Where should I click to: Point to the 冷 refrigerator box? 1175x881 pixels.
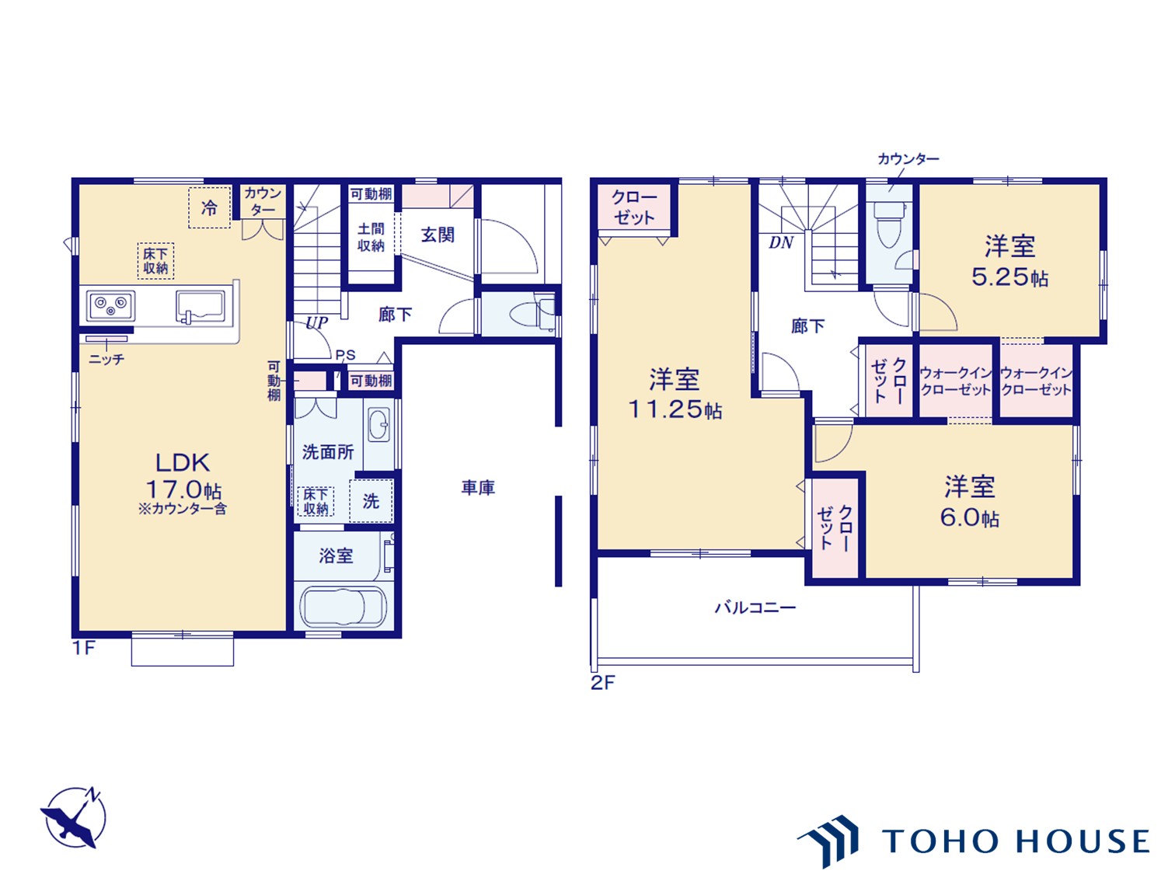point(209,207)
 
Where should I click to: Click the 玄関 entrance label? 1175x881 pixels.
point(438,235)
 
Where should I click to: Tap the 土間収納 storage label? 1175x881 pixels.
point(371,237)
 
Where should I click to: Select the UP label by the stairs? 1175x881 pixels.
point(316,322)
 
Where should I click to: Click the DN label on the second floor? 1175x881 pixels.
point(780,243)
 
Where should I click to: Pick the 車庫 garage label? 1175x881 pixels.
point(478,488)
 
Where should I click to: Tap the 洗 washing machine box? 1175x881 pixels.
point(371,501)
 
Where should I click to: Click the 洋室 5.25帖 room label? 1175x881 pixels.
point(1009,261)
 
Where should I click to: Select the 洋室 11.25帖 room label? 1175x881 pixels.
point(675,394)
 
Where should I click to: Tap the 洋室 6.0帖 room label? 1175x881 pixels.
point(969,502)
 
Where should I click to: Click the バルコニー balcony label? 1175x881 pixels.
point(755,608)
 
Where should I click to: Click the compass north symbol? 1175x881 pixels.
point(75,818)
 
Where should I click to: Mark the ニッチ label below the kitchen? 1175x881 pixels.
point(106,360)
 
